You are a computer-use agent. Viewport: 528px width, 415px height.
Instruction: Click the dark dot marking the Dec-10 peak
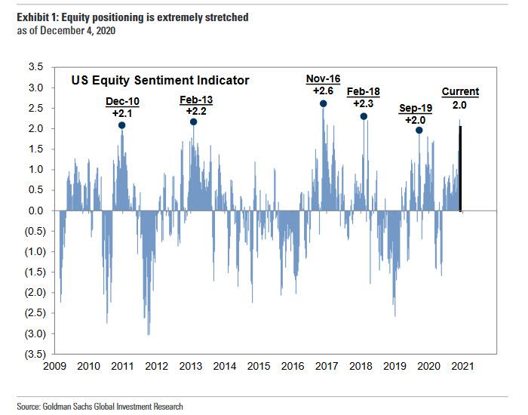click(x=121, y=126)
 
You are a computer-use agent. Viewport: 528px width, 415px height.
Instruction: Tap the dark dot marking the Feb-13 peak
click(x=194, y=121)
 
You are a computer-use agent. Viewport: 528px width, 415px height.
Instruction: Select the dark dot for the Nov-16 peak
click(x=323, y=104)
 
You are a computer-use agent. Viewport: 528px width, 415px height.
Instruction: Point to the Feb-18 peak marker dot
click(x=364, y=116)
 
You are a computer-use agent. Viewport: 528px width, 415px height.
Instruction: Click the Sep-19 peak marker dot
click(x=419, y=130)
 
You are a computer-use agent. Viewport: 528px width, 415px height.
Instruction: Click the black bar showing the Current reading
click(x=460, y=168)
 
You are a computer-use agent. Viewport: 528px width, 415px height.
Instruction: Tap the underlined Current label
click(x=460, y=92)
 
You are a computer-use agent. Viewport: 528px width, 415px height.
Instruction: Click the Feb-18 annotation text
click(x=364, y=92)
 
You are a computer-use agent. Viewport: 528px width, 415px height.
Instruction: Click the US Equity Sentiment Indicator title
click(x=160, y=79)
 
